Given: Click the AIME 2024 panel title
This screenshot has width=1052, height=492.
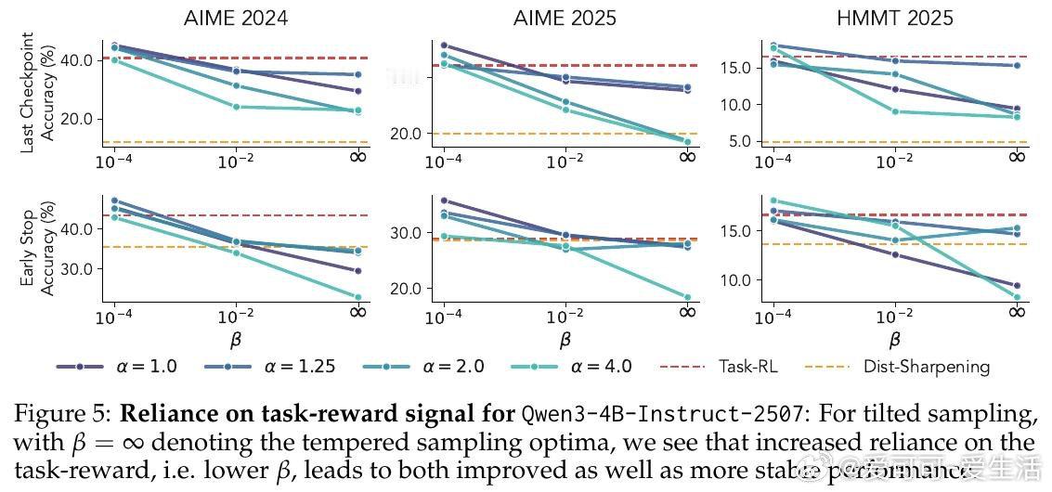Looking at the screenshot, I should [237, 18].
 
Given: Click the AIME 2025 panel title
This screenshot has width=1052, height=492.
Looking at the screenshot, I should [565, 18].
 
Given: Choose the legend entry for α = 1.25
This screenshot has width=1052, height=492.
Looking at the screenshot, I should [269, 367].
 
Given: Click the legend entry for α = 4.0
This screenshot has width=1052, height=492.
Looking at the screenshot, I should [572, 367].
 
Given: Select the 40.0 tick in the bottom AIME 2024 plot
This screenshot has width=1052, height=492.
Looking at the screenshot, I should [75, 228].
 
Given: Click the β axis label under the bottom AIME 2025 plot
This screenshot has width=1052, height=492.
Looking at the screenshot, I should [565, 340].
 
